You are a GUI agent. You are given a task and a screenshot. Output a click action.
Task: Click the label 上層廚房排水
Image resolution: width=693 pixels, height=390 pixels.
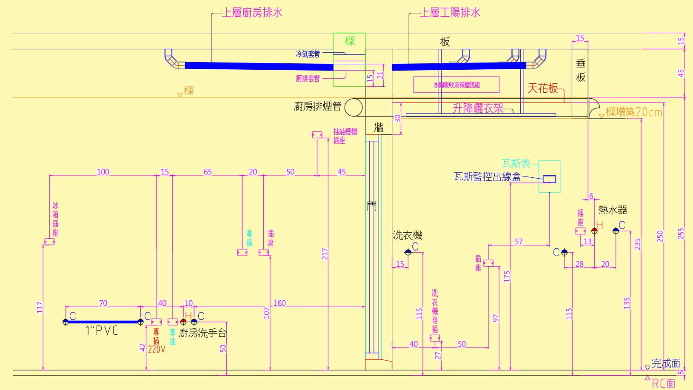(x=253, y=13)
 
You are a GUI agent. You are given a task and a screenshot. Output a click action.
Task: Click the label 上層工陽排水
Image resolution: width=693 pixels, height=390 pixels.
(x=450, y=13)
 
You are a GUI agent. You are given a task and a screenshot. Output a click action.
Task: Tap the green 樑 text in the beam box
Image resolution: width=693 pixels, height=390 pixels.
(x=350, y=41)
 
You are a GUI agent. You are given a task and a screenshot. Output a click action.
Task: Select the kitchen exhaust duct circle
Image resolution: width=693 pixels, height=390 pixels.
(x=353, y=107)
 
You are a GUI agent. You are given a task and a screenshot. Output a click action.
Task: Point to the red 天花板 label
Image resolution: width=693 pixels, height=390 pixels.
(x=542, y=88)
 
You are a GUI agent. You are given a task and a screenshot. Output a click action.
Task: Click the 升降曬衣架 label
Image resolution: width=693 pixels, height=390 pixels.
(x=478, y=108)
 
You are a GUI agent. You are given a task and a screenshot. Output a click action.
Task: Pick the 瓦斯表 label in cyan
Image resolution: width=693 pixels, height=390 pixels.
(x=516, y=164)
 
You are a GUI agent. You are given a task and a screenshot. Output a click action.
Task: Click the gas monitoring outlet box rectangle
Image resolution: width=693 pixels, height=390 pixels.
(x=549, y=179)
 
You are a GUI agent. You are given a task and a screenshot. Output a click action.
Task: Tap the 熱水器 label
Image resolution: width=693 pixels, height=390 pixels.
(x=613, y=210)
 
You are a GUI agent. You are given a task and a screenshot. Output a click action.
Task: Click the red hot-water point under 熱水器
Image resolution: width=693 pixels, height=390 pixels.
(x=594, y=231)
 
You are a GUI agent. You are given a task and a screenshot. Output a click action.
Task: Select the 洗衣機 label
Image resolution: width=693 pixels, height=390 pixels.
(x=408, y=235)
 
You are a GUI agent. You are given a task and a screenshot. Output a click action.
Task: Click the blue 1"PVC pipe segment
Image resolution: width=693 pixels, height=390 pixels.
(x=103, y=322)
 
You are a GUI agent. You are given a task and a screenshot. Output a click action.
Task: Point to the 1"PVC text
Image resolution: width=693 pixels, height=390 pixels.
(x=102, y=330)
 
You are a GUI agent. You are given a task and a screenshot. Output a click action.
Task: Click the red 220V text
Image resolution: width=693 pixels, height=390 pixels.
(x=157, y=349)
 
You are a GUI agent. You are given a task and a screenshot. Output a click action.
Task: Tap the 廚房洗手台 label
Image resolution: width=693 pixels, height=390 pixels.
(x=202, y=333)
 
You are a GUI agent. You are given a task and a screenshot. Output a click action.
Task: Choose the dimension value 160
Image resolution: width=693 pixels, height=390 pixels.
(x=279, y=303)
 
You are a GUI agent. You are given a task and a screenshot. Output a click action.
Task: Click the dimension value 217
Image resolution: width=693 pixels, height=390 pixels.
(x=325, y=254)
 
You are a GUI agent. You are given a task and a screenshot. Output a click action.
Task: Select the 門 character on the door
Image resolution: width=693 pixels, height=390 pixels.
(x=372, y=206)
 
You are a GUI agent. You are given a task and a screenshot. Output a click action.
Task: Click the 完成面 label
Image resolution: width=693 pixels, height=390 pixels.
(x=666, y=364)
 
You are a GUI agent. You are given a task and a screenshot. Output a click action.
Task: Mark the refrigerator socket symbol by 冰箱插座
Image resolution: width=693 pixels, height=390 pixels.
(x=49, y=242)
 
